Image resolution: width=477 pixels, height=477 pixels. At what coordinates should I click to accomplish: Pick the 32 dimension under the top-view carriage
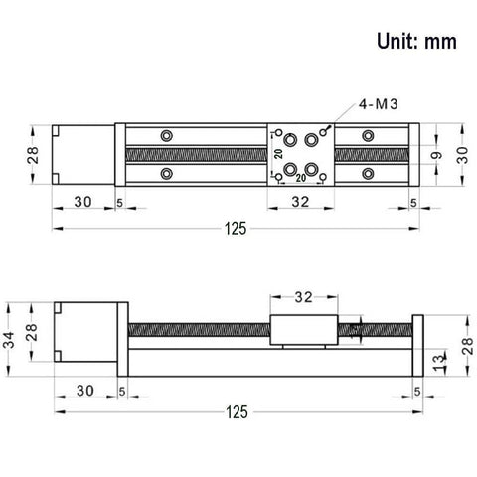point(301,202)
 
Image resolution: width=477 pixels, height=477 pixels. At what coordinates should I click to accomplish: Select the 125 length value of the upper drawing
point(236,228)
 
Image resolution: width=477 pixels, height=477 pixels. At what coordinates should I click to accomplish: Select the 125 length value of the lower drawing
point(236,410)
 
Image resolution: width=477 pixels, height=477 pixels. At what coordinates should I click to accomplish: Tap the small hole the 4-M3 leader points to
point(324,130)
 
